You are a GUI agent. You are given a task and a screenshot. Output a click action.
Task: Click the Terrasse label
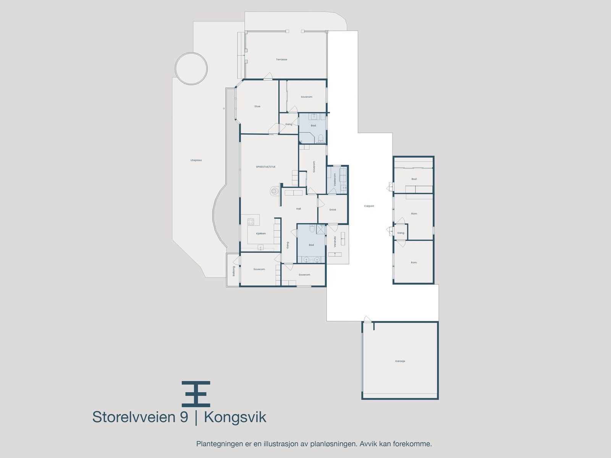click(281, 60)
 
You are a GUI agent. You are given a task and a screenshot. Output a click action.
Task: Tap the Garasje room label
click(400, 361)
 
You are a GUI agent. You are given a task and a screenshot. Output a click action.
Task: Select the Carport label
click(369, 206)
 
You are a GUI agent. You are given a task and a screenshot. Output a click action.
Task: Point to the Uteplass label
click(196, 160)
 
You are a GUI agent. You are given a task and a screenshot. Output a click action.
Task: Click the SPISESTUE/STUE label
click(265, 167)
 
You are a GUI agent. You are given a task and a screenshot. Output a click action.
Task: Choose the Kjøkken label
click(261, 234)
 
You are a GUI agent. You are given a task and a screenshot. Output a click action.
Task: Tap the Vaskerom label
click(335, 179)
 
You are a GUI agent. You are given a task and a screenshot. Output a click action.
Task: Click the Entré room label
click(333, 210)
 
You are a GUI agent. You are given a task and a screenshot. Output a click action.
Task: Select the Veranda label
click(335, 242)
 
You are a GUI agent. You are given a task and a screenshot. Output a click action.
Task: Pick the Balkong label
click(234, 271)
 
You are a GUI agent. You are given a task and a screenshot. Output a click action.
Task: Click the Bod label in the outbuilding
click(414, 179)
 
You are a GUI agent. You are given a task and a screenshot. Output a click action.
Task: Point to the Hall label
click(299, 209)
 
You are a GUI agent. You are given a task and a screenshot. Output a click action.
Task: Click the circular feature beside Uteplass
click(191, 68)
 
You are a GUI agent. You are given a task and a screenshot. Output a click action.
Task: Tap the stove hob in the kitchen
click(251, 222)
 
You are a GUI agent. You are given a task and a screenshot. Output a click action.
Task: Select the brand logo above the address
click(196, 393)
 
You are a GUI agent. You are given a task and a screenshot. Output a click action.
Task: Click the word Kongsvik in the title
click(235, 417)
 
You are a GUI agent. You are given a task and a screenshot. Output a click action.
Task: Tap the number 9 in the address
click(184, 417)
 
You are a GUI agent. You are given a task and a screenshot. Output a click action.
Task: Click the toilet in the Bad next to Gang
click(321, 137)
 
